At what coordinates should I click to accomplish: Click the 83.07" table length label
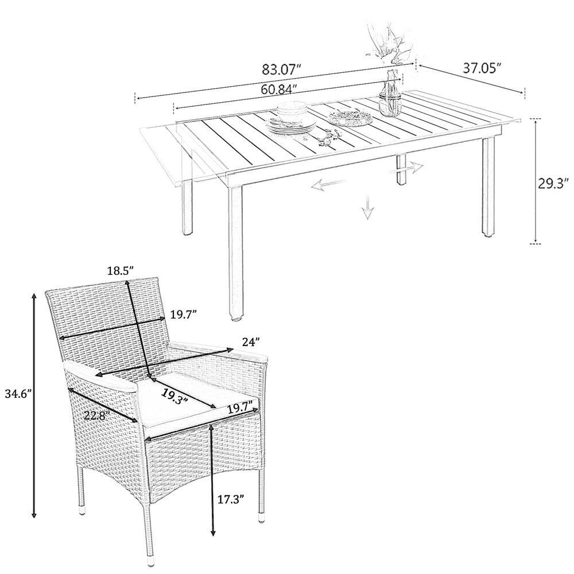tap(282, 69)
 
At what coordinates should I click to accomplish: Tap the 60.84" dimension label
tap(280, 89)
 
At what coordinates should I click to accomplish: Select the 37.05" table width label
tap(482, 68)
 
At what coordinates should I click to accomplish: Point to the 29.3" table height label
tap(553, 184)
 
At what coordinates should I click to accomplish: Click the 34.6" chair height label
tap(17, 394)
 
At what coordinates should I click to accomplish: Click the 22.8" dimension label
tap(96, 416)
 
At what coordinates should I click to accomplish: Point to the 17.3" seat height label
tap(231, 499)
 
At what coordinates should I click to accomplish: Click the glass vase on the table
tap(390, 94)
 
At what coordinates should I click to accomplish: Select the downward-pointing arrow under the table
tap(368, 207)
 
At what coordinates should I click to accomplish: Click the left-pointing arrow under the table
tap(329, 184)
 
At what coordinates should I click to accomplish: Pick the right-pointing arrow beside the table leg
tap(406, 168)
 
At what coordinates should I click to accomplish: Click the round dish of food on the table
tap(350, 118)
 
